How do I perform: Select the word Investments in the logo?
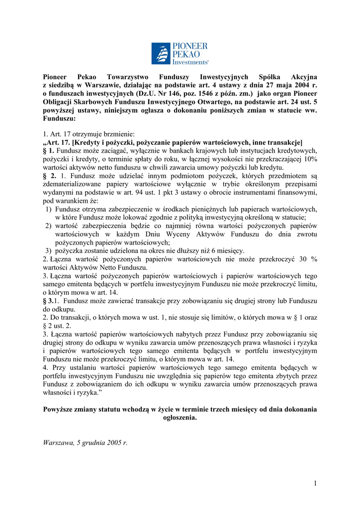point(189,62)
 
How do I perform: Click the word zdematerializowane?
point(74,184)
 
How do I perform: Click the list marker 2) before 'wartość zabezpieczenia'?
point(48,226)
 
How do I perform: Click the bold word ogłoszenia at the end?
point(180,418)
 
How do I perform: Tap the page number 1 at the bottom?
point(315,483)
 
